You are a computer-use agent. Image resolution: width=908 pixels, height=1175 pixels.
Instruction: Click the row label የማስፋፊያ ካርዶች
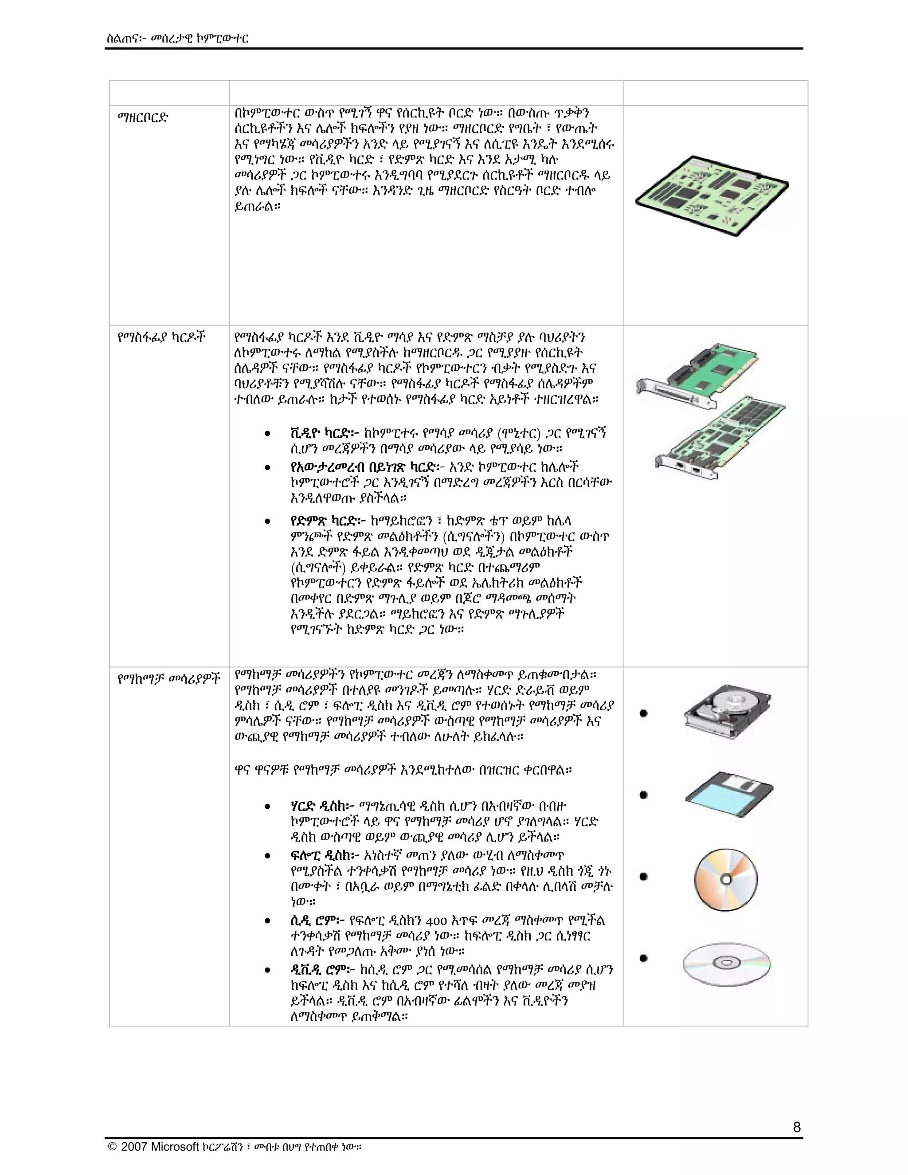161,337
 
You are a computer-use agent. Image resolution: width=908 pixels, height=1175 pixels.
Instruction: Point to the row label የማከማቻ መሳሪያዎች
168,679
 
